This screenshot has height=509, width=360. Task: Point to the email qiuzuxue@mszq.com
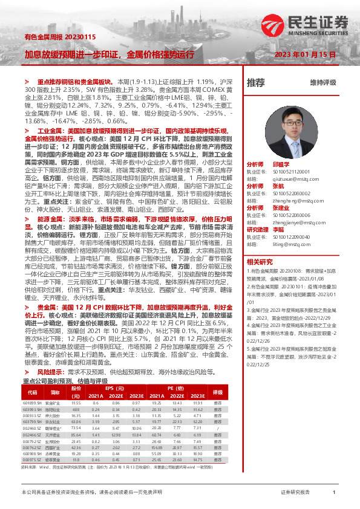point(292,178)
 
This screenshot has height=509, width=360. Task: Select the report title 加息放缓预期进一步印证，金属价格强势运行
point(109,54)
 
